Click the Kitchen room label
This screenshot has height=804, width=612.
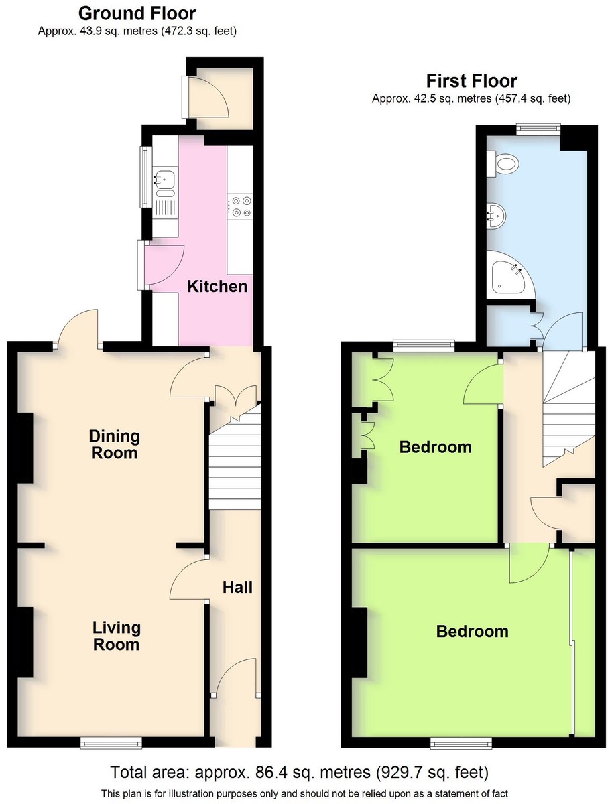click(217, 287)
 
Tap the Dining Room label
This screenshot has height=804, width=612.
click(115, 444)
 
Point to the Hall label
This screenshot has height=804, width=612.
click(237, 588)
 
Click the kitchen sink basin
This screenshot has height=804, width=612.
click(164, 179)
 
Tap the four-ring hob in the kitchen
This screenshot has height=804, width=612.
click(241, 206)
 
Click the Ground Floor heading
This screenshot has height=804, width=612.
click(137, 14)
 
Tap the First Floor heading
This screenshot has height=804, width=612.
click(472, 81)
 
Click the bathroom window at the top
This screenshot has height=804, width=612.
click(538, 128)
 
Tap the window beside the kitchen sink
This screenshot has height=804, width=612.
click(146, 177)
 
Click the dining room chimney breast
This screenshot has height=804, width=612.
click(25, 448)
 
